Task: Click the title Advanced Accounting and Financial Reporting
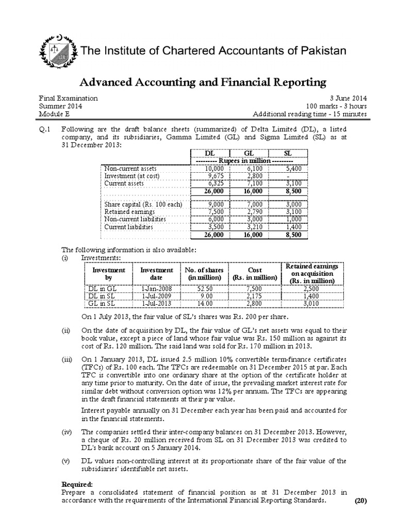click(x=202, y=82)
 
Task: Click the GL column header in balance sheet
click(x=249, y=153)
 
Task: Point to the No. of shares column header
click(x=203, y=273)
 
